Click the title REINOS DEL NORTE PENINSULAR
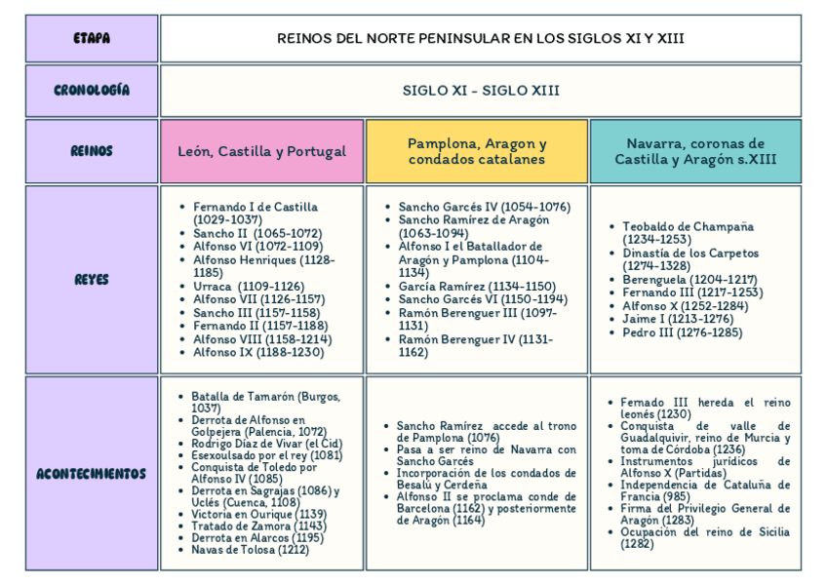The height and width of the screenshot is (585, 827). coord(480,39)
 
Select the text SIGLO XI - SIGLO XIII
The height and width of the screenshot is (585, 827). coord(480,91)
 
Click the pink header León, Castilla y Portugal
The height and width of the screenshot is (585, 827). coord(261,151)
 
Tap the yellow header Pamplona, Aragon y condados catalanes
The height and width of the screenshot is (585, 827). coord(476,151)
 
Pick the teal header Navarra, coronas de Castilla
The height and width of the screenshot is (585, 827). coord(694,151)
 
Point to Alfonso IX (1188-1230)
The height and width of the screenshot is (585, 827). coord(257,352)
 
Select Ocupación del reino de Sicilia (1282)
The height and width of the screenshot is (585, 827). coord(704,537)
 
